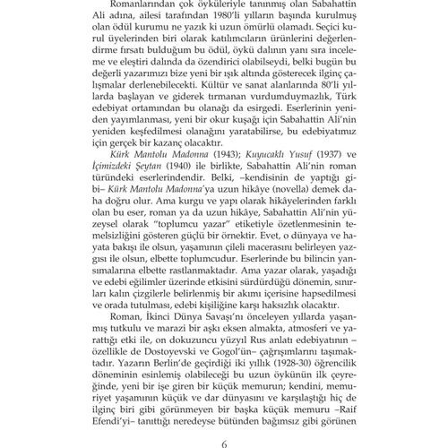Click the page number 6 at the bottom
225,431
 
